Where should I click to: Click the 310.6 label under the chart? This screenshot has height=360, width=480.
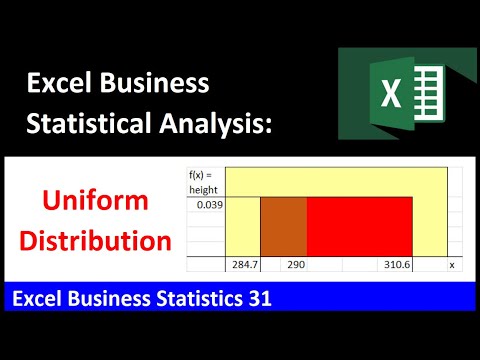tap(393, 265)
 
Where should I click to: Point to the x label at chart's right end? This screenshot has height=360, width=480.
tap(452, 265)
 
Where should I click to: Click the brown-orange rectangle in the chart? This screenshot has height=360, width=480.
tap(283, 227)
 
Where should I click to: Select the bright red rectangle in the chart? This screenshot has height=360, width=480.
tap(358, 227)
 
